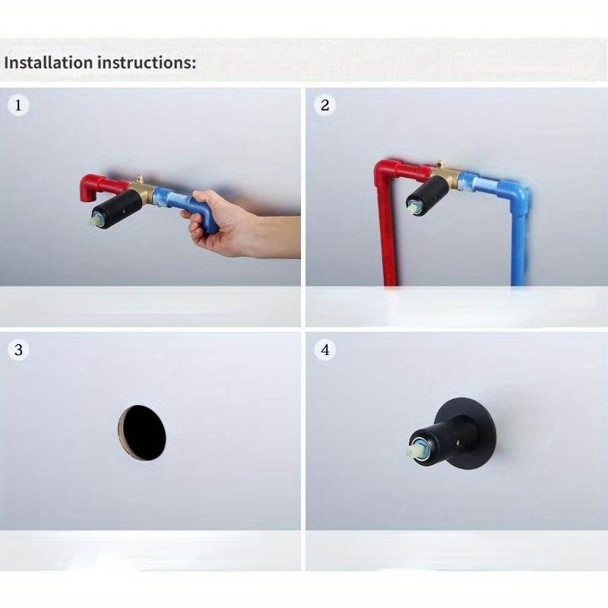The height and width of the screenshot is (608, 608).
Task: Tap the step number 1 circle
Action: point(19,105)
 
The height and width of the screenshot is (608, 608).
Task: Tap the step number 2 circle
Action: point(325,105)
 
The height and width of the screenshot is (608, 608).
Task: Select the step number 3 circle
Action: point(19,350)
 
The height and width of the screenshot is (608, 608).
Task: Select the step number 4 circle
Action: point(325,350)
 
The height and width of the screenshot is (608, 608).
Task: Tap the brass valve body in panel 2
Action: point(448,176)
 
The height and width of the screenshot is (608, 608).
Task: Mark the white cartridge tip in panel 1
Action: point(97,221)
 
